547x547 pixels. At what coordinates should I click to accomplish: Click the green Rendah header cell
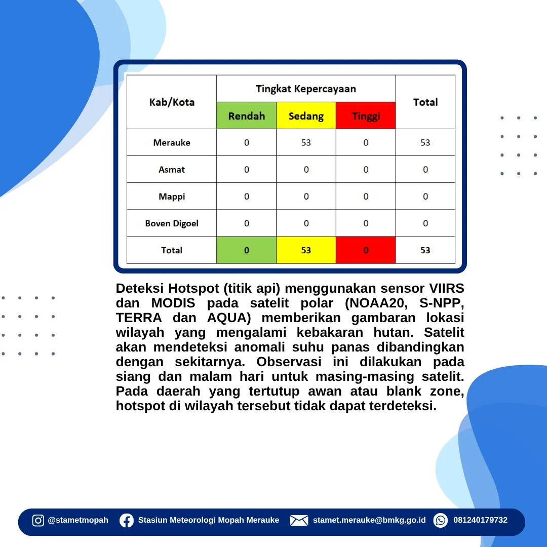(246, 115)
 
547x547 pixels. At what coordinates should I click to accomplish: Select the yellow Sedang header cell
(306, 115)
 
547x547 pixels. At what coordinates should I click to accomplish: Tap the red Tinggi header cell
(366, 115)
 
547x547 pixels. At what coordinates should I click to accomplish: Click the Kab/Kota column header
(172, 102)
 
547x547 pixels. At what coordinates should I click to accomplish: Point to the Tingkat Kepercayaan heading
(306, 89)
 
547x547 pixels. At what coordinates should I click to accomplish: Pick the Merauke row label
(172, 142)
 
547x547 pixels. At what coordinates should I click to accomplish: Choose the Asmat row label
(172, 170)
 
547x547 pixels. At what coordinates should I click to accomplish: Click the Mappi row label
(172, 197)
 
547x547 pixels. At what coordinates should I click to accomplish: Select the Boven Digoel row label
(172, 223)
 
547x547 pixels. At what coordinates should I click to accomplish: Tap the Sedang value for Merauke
(306, 142)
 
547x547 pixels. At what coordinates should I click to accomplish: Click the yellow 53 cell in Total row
(306, 250)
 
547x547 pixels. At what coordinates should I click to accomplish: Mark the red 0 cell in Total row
(366, 250)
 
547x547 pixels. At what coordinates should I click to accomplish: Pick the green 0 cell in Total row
(246, 250)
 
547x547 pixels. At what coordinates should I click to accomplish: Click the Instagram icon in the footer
(38, 521)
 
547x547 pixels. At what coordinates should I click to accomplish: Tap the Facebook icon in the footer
(127, 521)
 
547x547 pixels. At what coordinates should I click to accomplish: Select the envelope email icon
(299, 521)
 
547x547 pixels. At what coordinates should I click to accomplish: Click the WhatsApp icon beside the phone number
(441, 521)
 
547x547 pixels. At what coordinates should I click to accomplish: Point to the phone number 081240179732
(480, 520)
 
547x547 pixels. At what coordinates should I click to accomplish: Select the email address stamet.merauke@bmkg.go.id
(369, 520)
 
